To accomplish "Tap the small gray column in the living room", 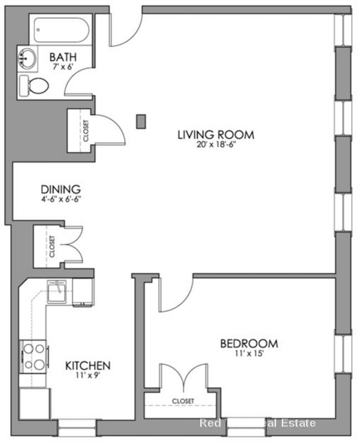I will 141,121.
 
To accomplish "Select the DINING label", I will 60,189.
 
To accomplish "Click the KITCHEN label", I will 88,365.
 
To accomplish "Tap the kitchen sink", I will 57,292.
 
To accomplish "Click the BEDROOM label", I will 249,344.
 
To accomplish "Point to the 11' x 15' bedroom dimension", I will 249,354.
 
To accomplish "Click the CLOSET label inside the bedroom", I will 182,401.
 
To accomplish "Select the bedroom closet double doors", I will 182,379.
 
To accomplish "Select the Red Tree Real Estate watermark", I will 257,423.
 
